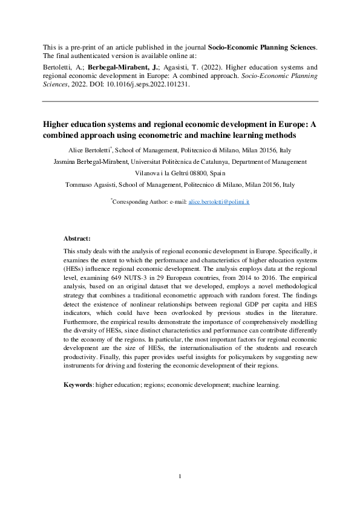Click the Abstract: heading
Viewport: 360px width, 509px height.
[x=77, y=239]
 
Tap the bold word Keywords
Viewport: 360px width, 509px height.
[x=77, y=384]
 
